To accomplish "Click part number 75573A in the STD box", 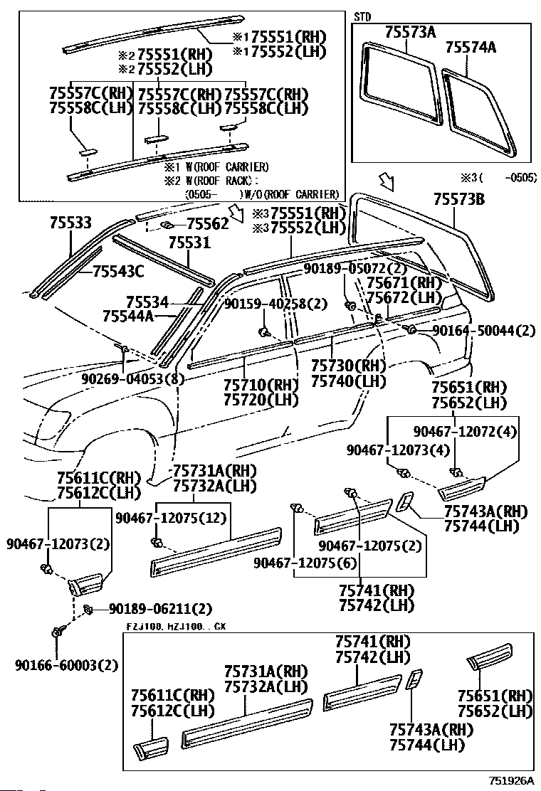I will tap(409, 32).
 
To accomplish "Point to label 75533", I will tap(70, 223).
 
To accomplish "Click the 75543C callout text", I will tap(118, 270).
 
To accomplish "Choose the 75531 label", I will tap(189, 243).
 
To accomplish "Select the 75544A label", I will tap(128, 315).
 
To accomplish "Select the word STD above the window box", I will tap(362, 16).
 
